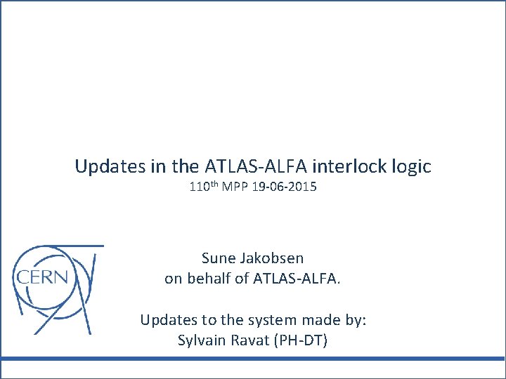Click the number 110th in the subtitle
(204, 187)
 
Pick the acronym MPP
(236, 187)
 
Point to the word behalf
(206, 279)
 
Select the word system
(258, 320)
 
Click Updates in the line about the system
(167, 320)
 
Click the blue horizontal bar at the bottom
(253, 359)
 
